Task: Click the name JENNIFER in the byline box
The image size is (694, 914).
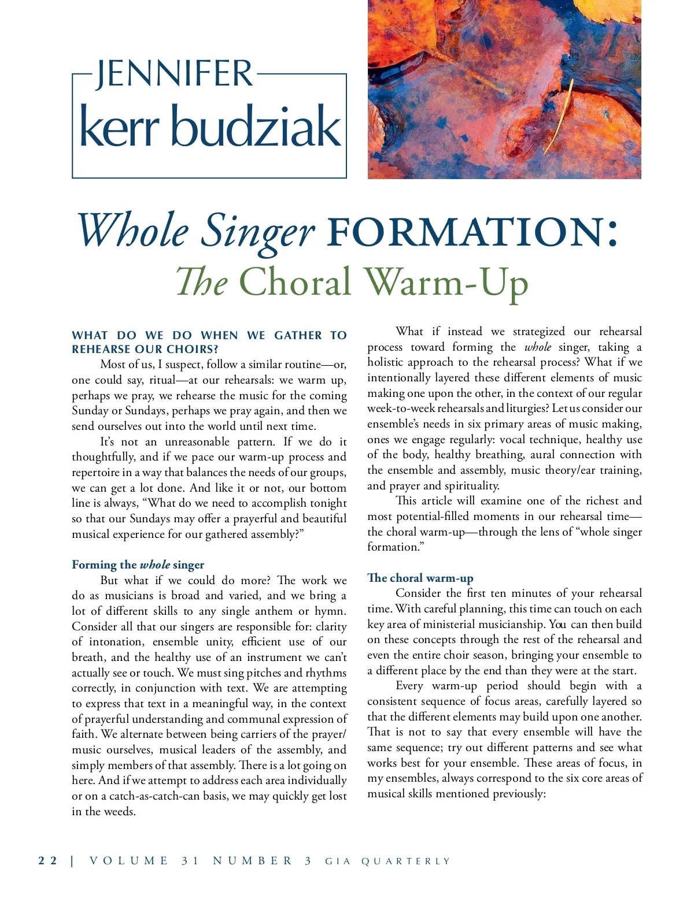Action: pos(174,74)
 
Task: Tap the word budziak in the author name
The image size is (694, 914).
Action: pos(256,127)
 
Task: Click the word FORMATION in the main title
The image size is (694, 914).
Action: pos(466,231)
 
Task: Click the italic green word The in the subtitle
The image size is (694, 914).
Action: pos(202,283)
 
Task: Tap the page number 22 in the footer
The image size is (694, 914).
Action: pos(47,861)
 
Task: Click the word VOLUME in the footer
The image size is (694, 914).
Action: pos(129,861)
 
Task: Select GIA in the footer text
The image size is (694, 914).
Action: pos(338,861)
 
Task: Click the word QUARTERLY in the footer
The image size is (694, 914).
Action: pos(405,861)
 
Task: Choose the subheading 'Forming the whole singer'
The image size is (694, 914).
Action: pos(138,564)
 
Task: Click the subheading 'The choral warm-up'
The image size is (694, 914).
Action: pos(420,578)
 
